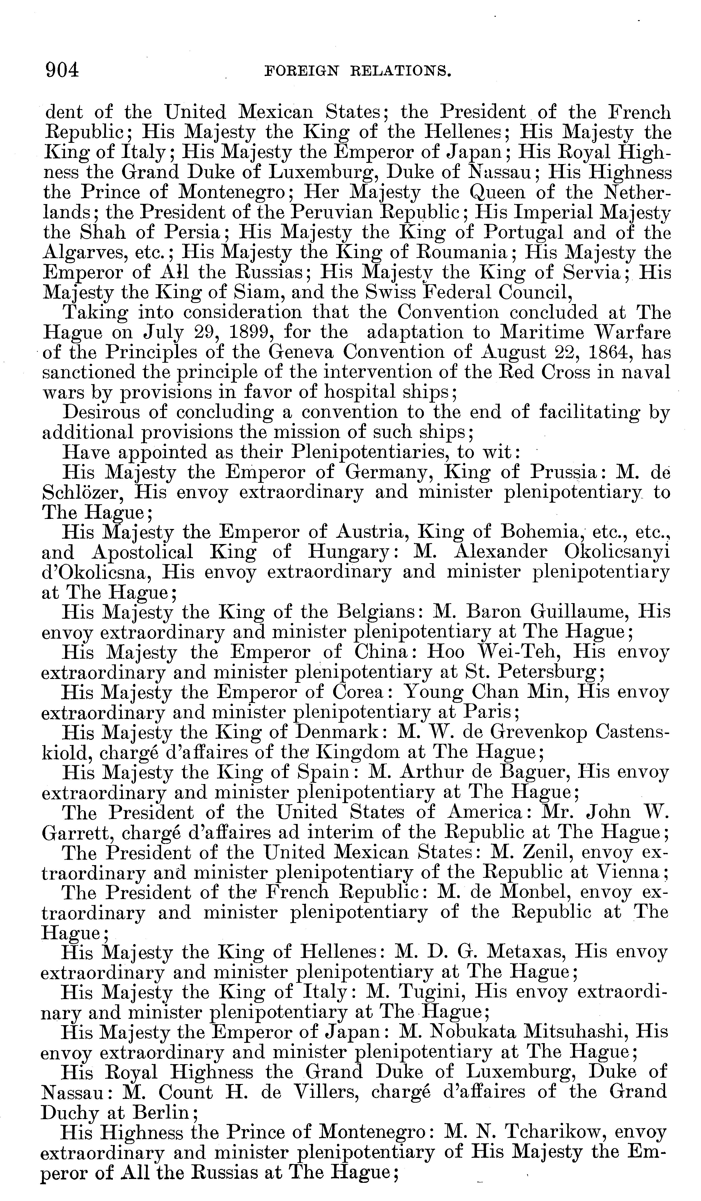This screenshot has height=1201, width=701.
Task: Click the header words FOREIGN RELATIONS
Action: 358,72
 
